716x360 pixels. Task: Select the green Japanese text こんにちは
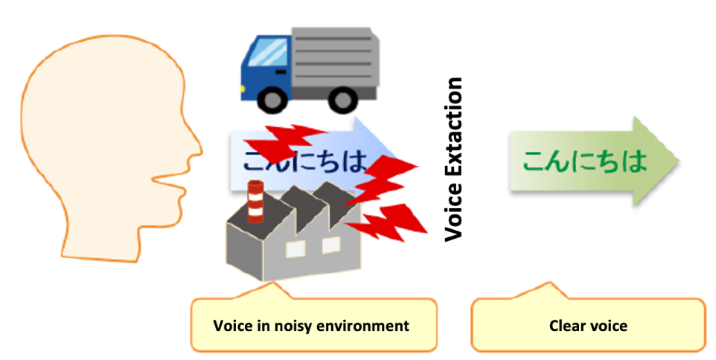click(584, 161)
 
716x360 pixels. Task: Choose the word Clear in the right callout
click(567, 326)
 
